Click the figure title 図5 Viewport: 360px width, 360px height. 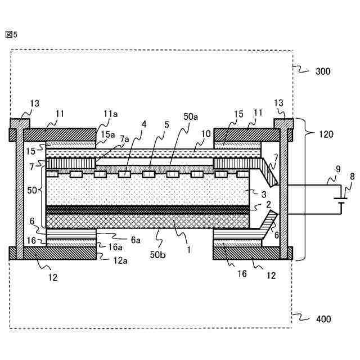point(11,34)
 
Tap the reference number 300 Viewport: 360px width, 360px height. point(323,71)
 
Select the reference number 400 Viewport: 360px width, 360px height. point(323,319)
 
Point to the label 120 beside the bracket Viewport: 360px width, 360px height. point(326,134)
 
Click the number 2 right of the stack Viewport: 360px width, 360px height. point(269,205)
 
